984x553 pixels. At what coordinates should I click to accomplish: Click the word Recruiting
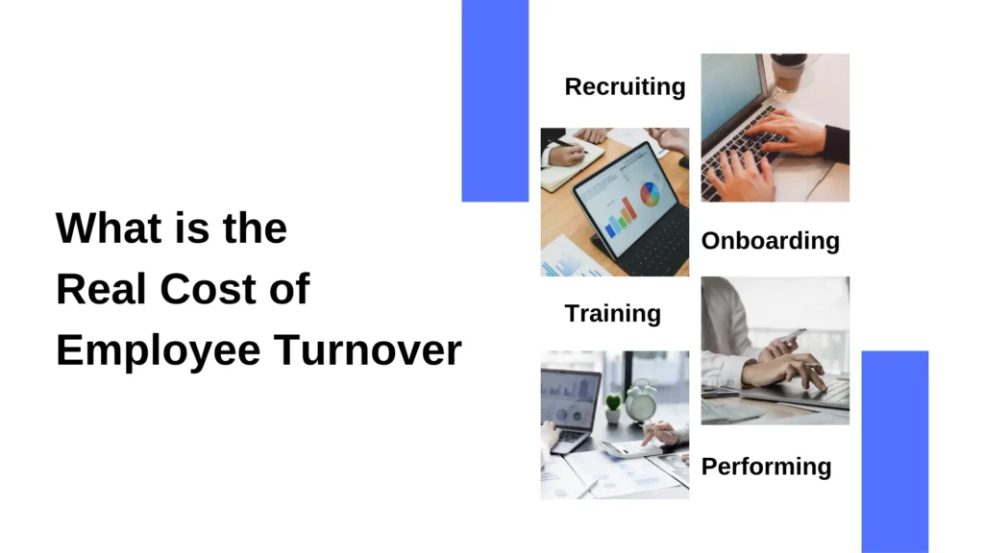(x=625, y=87)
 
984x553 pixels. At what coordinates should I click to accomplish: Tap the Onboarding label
(x=770, y=240)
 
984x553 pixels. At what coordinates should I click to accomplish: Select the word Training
(x=612, y=314)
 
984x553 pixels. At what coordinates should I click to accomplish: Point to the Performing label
(x=766, y=467)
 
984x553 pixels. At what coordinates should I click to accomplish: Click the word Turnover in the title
(x=369, y=351)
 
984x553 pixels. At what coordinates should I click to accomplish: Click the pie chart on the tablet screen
(x=652, y=194)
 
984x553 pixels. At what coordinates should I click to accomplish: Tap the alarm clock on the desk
(x=641, y=399)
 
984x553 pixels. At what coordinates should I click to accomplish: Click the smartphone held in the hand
(x=791, y=339)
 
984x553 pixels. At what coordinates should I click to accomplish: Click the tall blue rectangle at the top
(x=495, y=100)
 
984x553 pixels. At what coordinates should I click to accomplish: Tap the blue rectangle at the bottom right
(x=895, y=450)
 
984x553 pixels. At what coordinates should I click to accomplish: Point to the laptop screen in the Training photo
(x=570, y=398)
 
